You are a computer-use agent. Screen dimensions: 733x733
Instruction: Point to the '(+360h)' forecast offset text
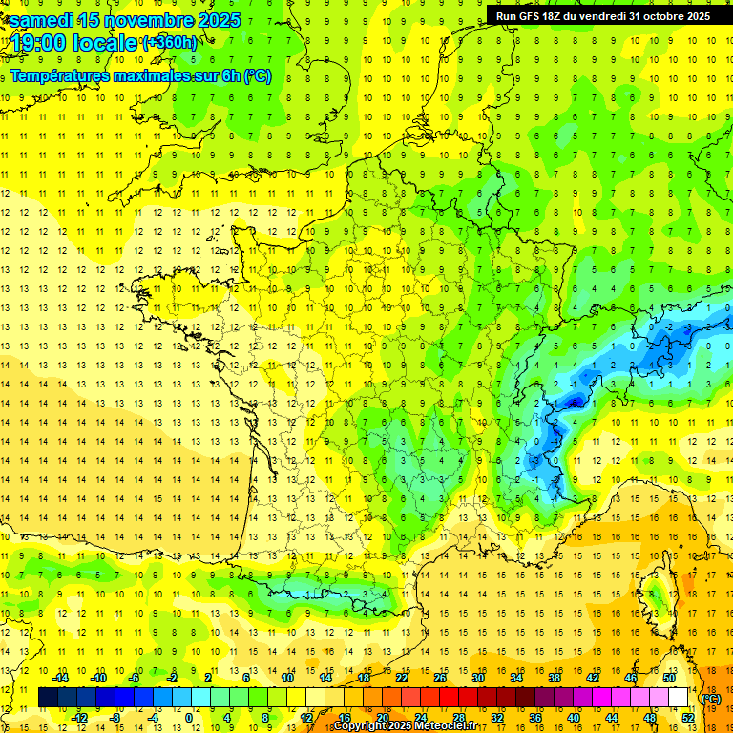point(170,43)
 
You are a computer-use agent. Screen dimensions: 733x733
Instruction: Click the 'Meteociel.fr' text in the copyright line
point(446,726)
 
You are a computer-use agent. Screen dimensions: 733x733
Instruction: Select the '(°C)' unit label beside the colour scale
point(711,698)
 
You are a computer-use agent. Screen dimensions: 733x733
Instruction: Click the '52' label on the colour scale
point(687,718)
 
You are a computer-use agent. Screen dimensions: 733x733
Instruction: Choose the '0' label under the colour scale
point(188,718)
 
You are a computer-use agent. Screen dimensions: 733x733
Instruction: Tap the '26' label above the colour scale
point(440,678)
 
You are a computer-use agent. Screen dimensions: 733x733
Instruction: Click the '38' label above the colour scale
point(555,678)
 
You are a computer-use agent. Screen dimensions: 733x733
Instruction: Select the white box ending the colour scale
point(679,698)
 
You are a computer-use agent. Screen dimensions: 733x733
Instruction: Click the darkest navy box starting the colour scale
point(48,698)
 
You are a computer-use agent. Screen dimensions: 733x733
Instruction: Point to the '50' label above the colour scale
point(669,678)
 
